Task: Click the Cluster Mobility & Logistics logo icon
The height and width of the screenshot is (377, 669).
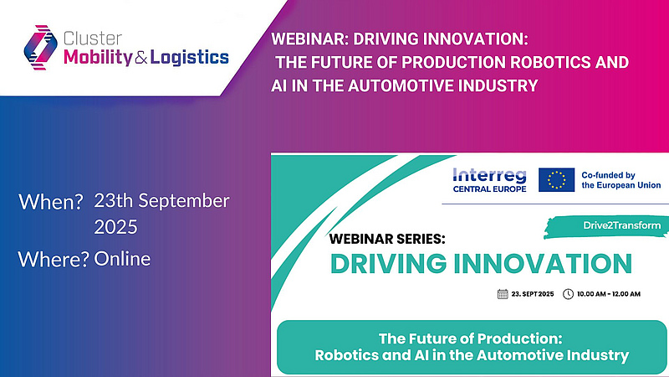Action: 40,48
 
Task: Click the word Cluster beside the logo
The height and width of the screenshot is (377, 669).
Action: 93,39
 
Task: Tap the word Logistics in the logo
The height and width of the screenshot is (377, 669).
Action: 190,57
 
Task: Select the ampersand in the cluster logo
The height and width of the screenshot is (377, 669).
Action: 140,58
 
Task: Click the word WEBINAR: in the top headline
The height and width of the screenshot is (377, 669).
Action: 310,39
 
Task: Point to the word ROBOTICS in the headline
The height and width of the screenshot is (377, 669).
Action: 543,62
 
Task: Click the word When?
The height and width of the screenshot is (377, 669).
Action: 50,202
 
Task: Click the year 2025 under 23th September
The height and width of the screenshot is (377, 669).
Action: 115,227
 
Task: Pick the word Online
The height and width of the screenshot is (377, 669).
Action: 122,259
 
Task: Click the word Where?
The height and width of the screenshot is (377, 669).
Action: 54,259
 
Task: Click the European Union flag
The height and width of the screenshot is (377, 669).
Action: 556,179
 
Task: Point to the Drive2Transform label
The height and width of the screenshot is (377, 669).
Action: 621,225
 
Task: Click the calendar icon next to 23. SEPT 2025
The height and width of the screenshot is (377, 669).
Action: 503,294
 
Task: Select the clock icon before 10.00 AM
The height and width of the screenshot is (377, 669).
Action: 568,294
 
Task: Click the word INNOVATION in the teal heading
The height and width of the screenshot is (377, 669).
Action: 542,263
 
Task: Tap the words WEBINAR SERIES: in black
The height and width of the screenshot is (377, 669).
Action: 387,239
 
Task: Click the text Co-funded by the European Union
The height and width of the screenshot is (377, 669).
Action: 621,180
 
